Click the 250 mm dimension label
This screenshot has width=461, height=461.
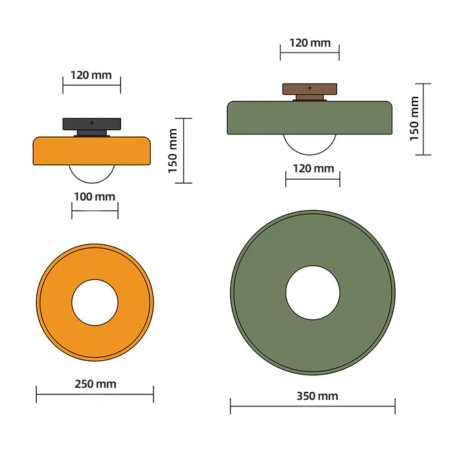click(95, 384)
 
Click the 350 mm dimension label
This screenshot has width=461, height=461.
click(313, 396)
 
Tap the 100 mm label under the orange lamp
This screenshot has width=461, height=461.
click(95, 196)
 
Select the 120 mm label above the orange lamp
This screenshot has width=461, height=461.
click(92, 74)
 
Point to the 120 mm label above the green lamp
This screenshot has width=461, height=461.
click(310, 43)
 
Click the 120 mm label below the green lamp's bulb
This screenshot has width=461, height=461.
click(313, 169)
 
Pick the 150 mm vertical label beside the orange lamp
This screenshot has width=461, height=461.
click(173, 151)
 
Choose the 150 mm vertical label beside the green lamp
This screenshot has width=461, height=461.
click(414, 119)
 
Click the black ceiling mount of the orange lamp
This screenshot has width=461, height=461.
click(92, 123)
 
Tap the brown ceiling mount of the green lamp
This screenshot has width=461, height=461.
click(310, 88)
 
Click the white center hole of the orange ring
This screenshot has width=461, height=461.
click(95, 302)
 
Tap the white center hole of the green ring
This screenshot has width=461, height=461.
click(313, 292)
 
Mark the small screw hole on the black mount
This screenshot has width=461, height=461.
click(92, 122)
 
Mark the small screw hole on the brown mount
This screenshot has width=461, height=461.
click(310, 87)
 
